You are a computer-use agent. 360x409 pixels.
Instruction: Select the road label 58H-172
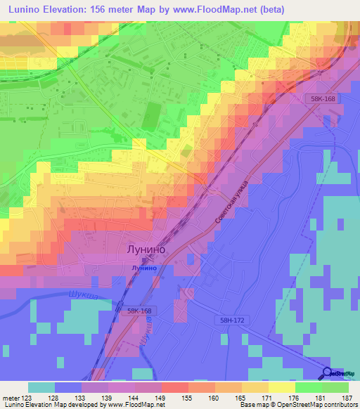229,320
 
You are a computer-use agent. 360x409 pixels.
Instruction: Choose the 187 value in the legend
347,397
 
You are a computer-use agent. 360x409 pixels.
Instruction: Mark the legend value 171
267,397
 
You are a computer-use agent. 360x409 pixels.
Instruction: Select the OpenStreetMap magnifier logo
328,374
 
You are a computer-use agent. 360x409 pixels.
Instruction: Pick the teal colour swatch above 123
41,387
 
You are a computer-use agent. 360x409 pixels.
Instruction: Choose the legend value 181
321,397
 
